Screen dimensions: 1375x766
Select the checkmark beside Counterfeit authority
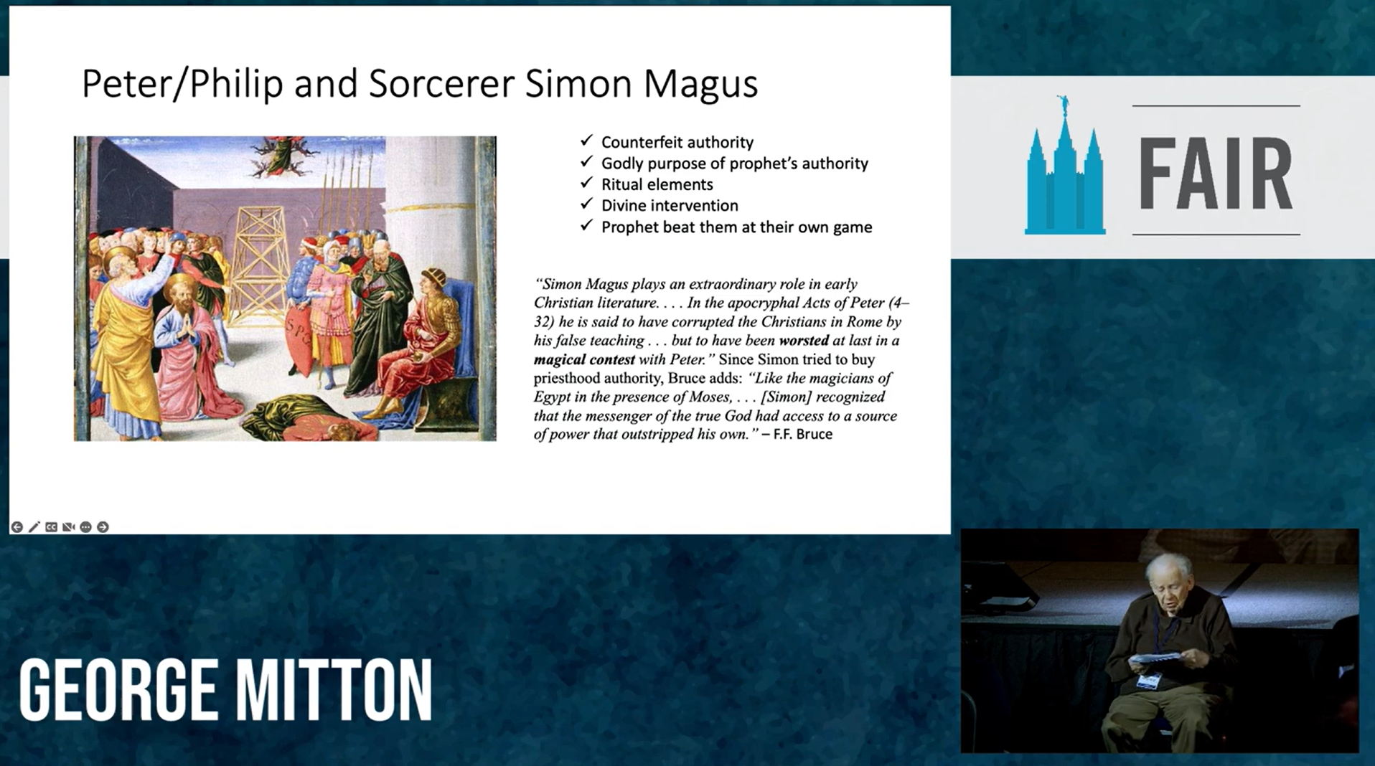coord(587,141)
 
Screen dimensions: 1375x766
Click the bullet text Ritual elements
coord(657,184)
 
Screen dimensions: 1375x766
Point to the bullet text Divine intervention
coord(670,206)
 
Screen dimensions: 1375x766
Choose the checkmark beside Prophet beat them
coord(587,226)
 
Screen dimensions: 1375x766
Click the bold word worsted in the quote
coord(804,341)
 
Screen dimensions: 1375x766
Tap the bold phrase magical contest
coord(584,359)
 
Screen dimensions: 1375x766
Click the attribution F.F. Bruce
coord(803,434)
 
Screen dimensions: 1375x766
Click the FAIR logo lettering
coord(1215,173)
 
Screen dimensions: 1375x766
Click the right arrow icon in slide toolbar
coord(103,527)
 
